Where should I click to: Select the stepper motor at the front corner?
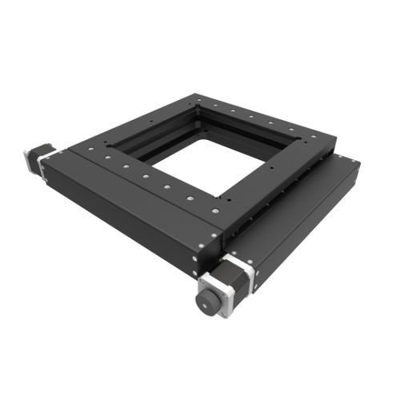pyautogui.click(x=218, y=286)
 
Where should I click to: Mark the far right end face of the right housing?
pyautogui.click(x=352, y=172)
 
